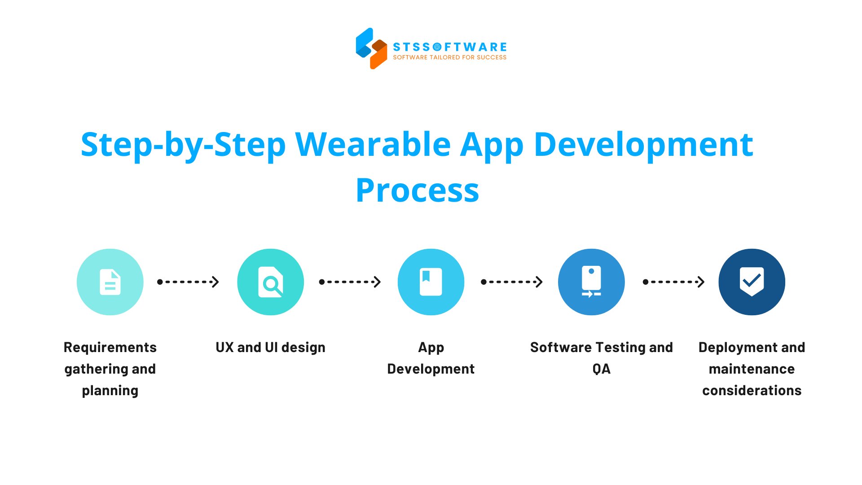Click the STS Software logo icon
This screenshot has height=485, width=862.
pyautogui.click(x=371, y=48)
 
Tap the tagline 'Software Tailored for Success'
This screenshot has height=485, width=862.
pyautogui.click(x=449, y=57)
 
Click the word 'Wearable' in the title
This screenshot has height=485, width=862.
pyautogui.click(x=373, y=145)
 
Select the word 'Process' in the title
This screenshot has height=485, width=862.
pyautogui.click(x=418, y=190)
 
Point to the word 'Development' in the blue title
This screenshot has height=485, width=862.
pyautogui.click(x=643, y=145)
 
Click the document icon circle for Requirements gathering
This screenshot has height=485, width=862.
pyautogui.click(x=110, y=282)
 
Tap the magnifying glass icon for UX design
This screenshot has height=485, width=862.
pyautogui.click(x=271, y=282)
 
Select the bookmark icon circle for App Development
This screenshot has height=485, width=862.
pyautogui.click(x=431, y=282)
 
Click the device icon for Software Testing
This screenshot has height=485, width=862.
pyautogui.click(x=591, y=282)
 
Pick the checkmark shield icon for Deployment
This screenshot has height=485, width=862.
pyautogui.click(x=752, y=282)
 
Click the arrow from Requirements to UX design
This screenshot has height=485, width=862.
pyautogui.click(x=188, y=282)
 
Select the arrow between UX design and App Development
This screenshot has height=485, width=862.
pyautogui.click(x=350, y=282)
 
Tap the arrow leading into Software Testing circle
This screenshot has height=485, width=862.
pyautogui.click(x=512, y=282)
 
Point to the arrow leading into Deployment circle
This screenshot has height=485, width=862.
pyautogui.click(x=673, y=282)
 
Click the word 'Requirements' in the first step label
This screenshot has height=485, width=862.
pyautogui.click(x=110, y=347)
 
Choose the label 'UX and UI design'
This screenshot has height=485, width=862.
pyautogui.click(x=270, y=347)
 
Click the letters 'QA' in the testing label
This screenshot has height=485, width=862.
pyautogui.click(x=601, y=369)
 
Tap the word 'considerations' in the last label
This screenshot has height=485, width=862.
pyautogui.click(x=752, y=391)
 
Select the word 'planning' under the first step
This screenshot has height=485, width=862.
pyautogui.click(x=110, y=391)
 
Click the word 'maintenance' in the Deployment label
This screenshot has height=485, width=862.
pyautogui.click(x=752, y=369)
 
